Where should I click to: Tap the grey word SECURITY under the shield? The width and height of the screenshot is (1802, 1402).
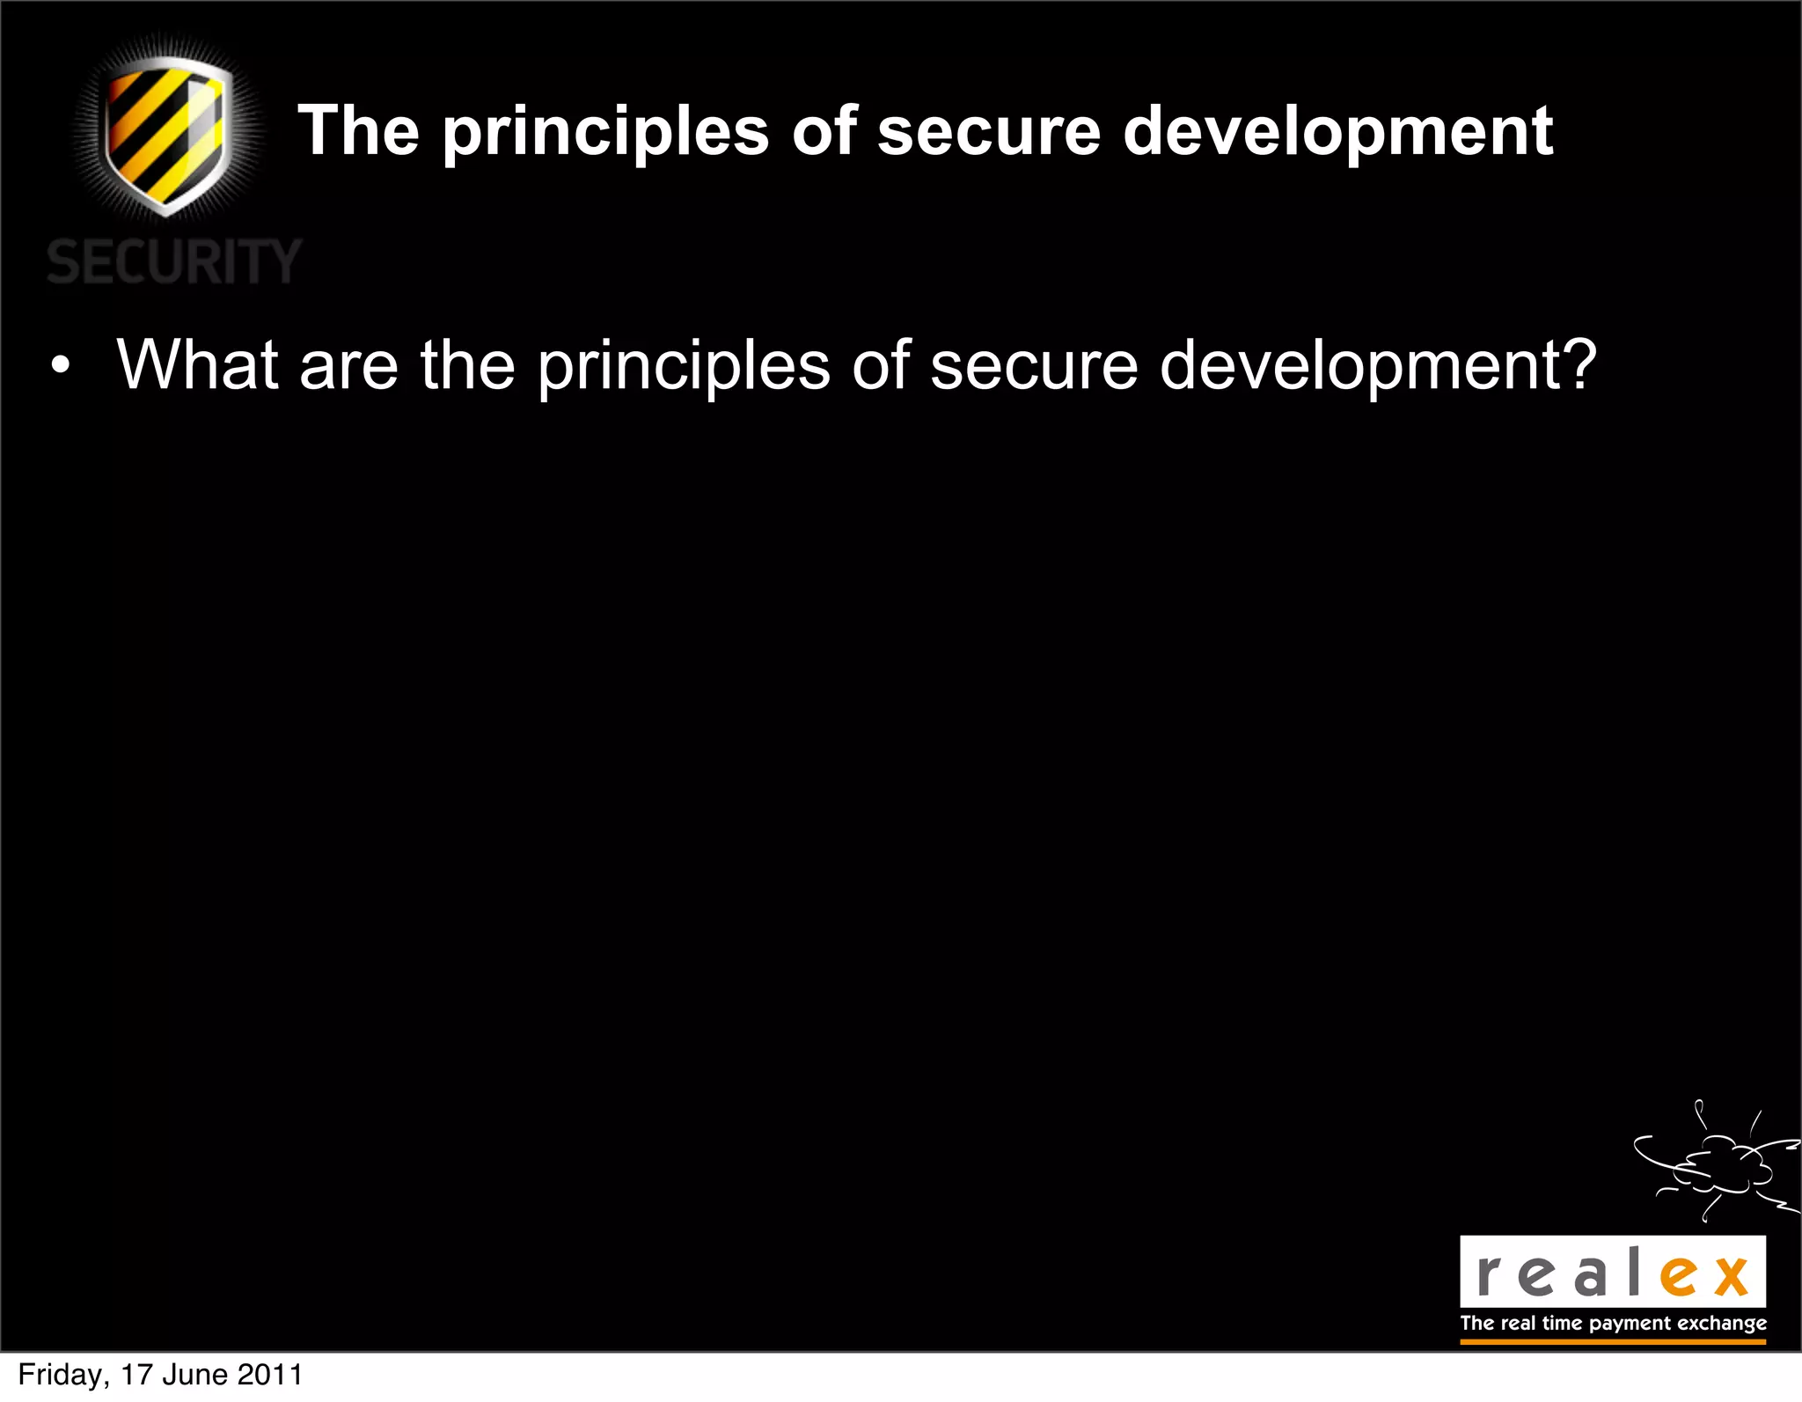pos(174,261)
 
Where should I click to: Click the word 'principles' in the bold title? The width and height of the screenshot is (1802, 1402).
pos(605,132)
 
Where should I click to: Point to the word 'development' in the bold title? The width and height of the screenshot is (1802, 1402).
pos(1338,132)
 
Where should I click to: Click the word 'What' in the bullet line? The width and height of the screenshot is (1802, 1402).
pos(198,364)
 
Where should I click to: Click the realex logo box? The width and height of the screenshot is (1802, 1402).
pos(1612,1272)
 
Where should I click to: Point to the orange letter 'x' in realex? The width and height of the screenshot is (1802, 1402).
pos(1731,1276)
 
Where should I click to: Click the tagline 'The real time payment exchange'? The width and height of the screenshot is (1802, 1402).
pos(1613,1323)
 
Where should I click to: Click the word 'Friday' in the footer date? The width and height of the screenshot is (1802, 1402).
pos(62,1375)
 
